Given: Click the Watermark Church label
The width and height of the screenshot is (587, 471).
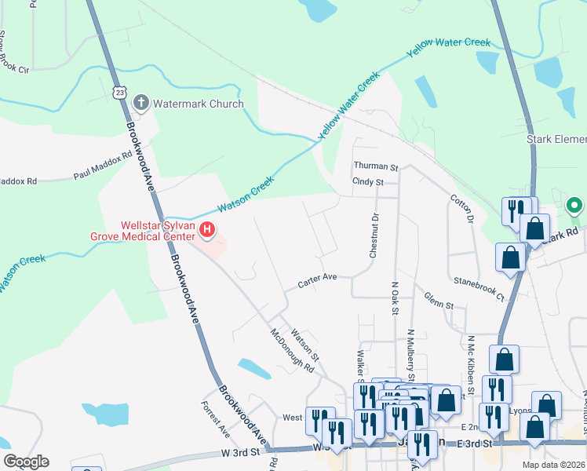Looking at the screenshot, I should tap(198, 104).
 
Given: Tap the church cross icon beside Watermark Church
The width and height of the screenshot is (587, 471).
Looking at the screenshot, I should tap(140, 103).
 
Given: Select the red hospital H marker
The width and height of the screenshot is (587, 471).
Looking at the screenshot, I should tap(207, 230).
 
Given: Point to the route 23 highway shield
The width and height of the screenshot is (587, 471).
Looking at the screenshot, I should tap(119, 92).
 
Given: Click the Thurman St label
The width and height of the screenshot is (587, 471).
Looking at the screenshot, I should tap(376, 167).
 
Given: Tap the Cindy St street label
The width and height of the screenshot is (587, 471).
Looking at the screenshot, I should tap(367, 182).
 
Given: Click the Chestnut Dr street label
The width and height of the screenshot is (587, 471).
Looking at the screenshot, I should tap(374, 235).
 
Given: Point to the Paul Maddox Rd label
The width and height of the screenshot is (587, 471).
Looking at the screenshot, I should tap(104, 166).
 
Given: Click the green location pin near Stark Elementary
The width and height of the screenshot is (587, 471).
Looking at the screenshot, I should tap(574, 207).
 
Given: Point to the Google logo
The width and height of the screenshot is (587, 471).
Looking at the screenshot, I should tap(26, 462).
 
